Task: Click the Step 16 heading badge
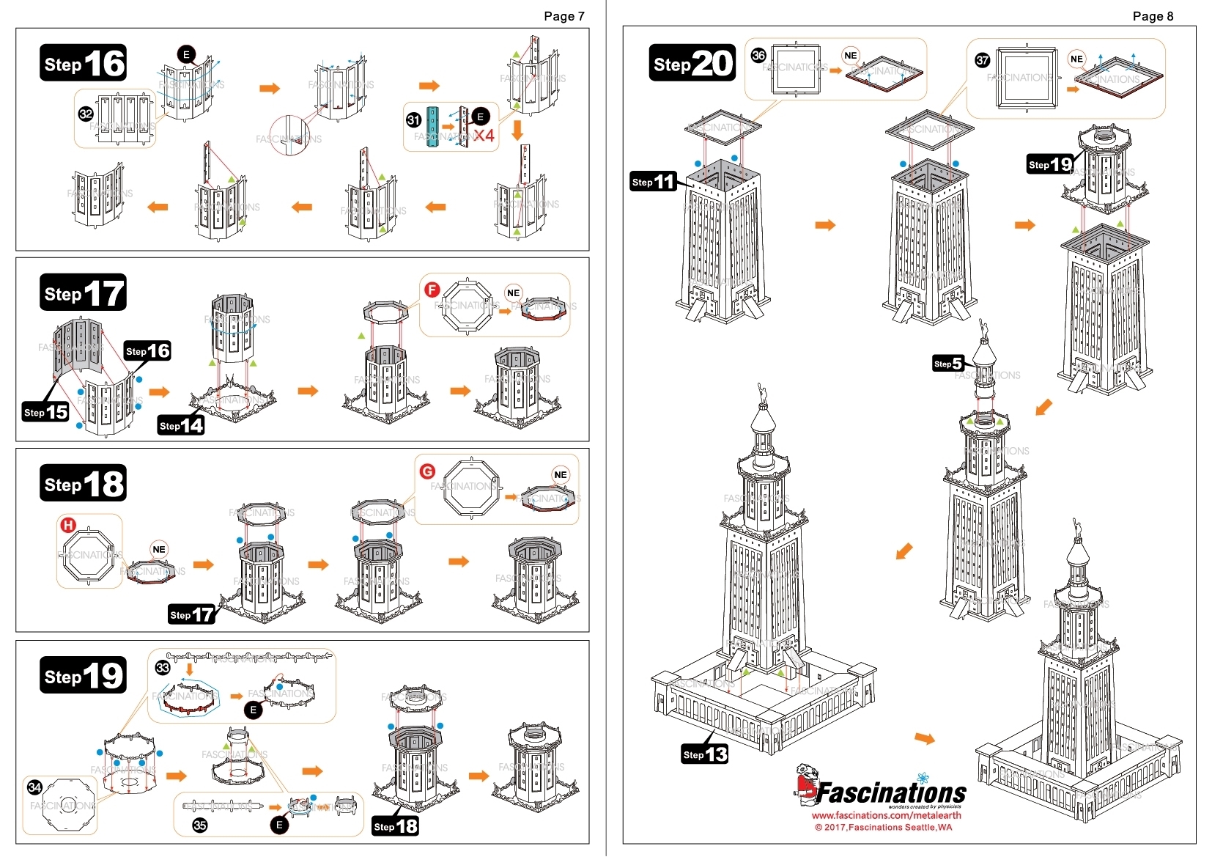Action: pyautogui.click(x=83, y=64)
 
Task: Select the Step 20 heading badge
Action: pyautogui.click(x=692, y=63)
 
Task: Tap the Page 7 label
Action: pyautogui.click(x=563, y=16)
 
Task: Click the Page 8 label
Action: pyautogui.click(x=1153, y=16)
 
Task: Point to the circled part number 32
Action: pyautogui.click(x=86, y=114)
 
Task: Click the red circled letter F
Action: pyautogui.click(x=432, y=290)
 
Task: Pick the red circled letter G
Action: pyautogui.click(x=427, y=471)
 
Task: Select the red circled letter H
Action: pyautogui.click(x=67, y=525)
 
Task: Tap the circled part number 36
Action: pyautogui.click(x=758, y=55)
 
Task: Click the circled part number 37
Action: pyautogui.click(x=983, y=60)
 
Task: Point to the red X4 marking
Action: pyautogui.click(x=484, y=136)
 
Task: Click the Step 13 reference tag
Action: pyautogui.click(x=704, y=754)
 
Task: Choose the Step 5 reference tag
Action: pyautogui.click(x=947, y=364)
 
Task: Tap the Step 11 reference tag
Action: pyautogui.click(x=653, y=182)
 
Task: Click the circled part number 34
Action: pyautogui.click(x=34, y=787)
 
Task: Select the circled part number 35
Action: pyautogui.click(x=199, y=825)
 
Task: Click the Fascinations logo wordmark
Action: pyautogui.click(x=890, y=793)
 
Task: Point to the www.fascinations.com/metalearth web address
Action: pyautogui.click(x=886, y=815)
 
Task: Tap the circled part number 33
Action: pyautogui.click(x=163, y=667)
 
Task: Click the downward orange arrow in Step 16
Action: pyautogui.click(x=517, y=130)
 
